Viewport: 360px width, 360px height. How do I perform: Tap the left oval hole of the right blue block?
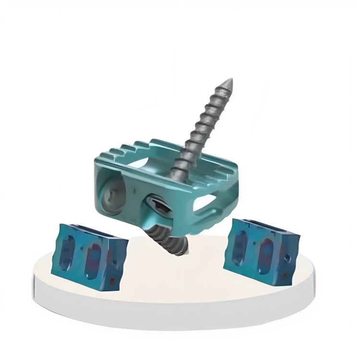(x=240, y=247)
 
